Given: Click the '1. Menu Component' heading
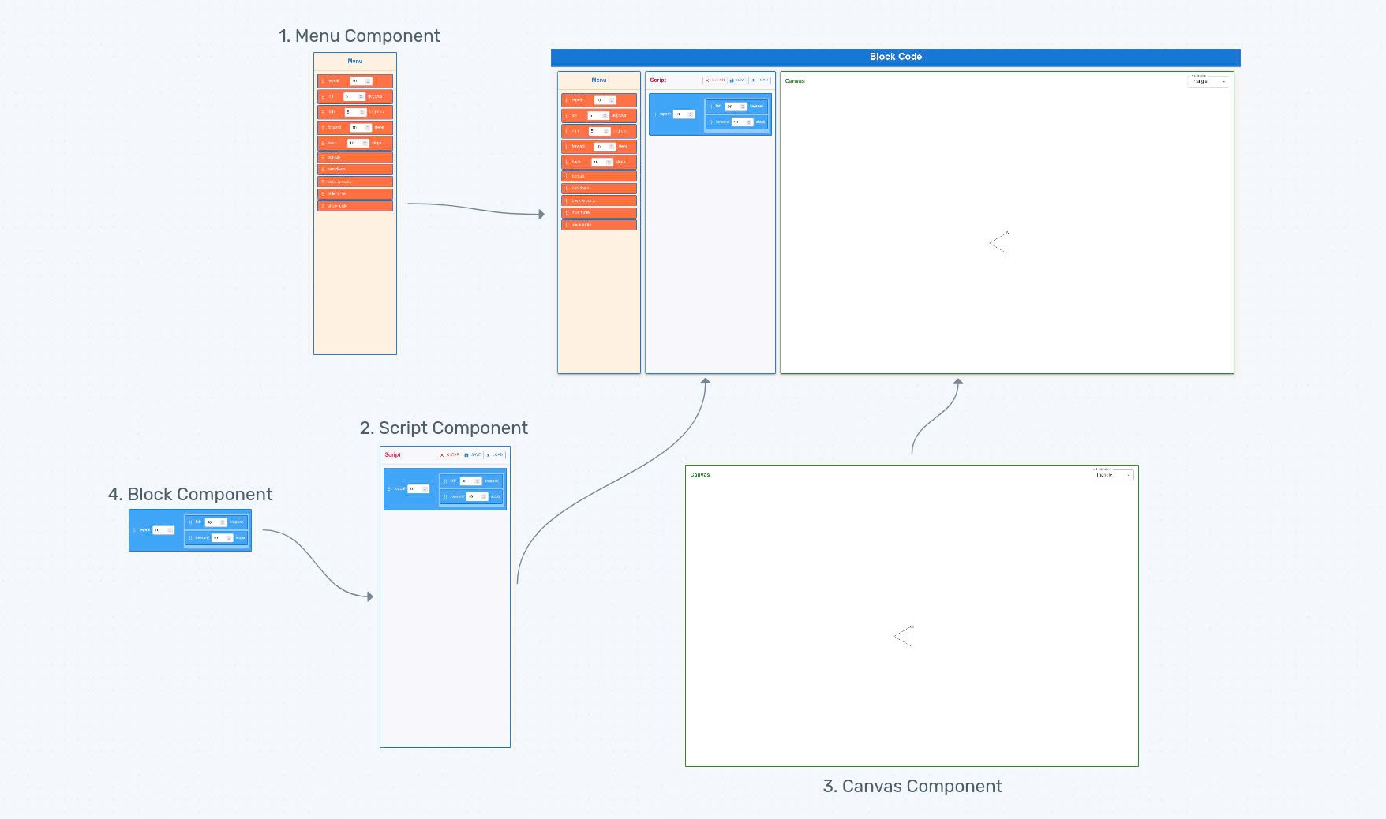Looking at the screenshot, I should click(x=359, y=36).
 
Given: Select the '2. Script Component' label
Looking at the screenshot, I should click(x=444, y=428).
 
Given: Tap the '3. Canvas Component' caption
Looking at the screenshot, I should click(x=912, y=787).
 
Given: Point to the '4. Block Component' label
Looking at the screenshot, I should click(x=190, y=495).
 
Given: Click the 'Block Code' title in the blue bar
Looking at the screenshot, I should click(x=895, y=57).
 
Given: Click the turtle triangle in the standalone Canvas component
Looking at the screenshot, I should click(x=905, y=636).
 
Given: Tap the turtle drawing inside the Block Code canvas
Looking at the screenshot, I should click(x=999, y=242).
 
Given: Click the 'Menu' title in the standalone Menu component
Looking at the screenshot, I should click(x=355, y=61).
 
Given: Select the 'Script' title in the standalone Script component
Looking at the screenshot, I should click(x=392, y=455).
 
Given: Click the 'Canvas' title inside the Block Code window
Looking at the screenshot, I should click(x=795, y=81).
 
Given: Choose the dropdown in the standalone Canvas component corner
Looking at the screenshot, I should click(x=1114, y=475).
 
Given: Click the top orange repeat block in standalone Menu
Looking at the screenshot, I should click(x=355, y=81).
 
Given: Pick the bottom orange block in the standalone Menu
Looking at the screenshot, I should click(x=355, y=206).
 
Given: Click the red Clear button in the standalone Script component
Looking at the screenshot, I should click(x=450, y=455).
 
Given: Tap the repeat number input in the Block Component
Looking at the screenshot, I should click(x=163, y=530).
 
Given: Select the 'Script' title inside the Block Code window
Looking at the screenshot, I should click(x=657, y=80).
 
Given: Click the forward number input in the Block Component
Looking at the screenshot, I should click(x=222, y=538).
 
